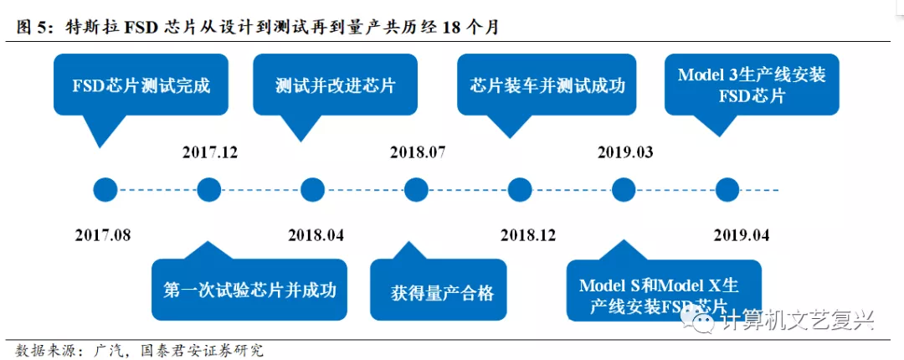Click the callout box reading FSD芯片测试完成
click(141, 85)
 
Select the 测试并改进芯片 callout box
click(335, 85)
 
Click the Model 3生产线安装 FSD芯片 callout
click(752, 85)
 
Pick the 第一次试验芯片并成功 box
click(249, 291)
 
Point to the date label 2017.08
click(103, 235)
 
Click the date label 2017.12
click(209, 152)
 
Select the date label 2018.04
click(316, 235)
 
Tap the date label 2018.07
click(418, 152)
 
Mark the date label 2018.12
click(528, 235)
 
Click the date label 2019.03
click(625, 152)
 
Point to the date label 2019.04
click(742, 235)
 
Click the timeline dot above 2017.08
click(105, 190)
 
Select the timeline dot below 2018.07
click(417, 190)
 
